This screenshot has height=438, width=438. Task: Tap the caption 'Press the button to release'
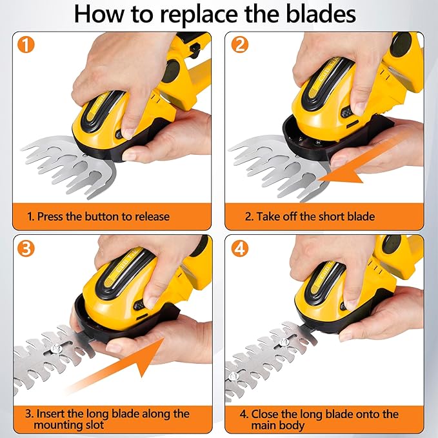tap(103, 216)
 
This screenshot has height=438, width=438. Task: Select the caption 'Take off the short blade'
tap(309, 216)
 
